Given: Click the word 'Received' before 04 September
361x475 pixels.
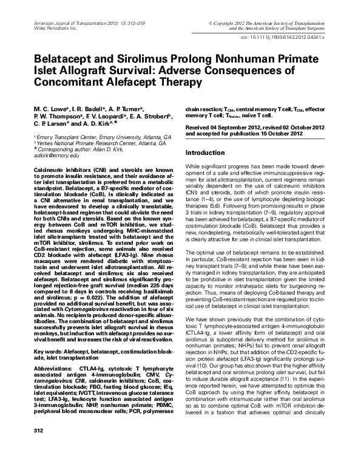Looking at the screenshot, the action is click(200, 127).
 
